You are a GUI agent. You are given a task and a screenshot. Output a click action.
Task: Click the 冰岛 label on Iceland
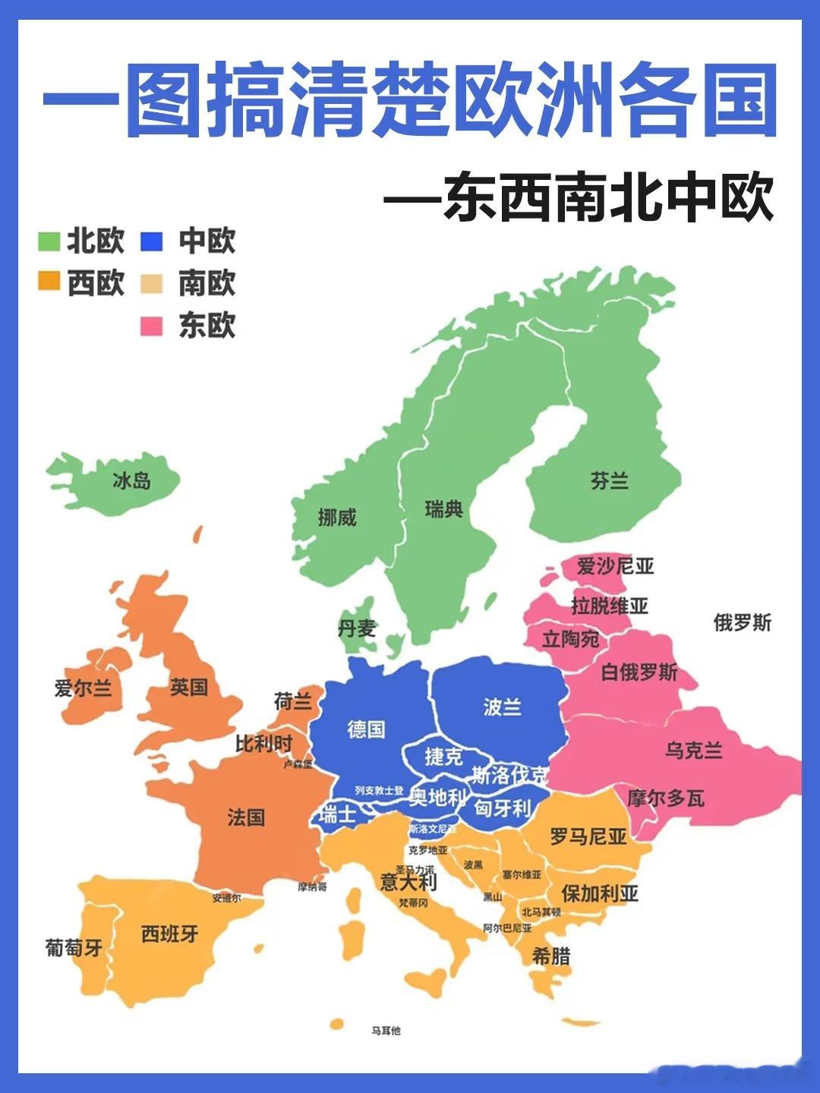click(x=131, y=480)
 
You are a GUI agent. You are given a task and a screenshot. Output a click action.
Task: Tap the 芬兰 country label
click(x=610, y=480)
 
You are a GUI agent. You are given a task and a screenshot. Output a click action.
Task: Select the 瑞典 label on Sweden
click(x=444, y=509)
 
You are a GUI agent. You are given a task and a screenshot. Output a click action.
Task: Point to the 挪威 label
click(x=337, y=518)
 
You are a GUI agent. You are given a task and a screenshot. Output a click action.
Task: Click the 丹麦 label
click(x=357, y=628)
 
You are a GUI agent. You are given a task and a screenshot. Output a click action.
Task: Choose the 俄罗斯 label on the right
click(x=742, y=623)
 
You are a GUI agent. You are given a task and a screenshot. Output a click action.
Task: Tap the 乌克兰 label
click(x=694, y=750)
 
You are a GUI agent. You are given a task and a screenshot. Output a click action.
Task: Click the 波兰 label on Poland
click(x=502, y=707)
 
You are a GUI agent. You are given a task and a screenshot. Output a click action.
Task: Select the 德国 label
click(x=366, y=729)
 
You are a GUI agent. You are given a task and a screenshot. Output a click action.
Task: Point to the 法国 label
click(x=246, y=817)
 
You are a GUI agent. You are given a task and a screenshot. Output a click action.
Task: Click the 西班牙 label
click(x=170, y=934)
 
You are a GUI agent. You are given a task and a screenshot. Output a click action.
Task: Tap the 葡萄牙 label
click(x=74, y=947)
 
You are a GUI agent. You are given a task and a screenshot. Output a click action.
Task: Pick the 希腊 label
click(x=551, y=956)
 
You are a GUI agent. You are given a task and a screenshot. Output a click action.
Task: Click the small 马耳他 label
click(x=386, y=1031)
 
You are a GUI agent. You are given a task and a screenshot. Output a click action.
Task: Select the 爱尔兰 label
click(x=84, y=688)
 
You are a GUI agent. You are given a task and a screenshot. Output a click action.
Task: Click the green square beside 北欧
click(x=49, y=241)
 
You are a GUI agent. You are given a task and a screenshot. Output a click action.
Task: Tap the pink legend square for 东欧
click(x=152, y=326)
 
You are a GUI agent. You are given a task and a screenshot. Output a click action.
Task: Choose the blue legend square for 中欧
click(x=152, y=241)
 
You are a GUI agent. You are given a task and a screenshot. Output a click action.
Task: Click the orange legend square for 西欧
click(x=49, y=282)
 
